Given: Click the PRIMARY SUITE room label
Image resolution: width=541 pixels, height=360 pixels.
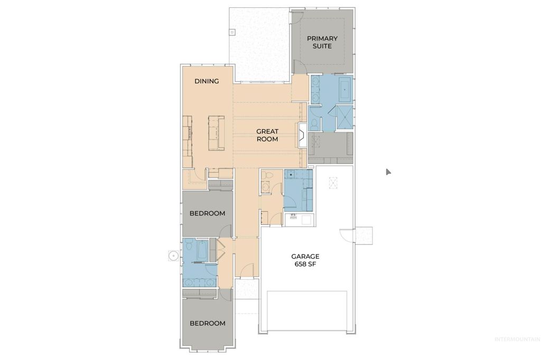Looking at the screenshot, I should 322,42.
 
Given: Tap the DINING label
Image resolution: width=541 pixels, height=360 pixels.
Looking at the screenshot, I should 207,81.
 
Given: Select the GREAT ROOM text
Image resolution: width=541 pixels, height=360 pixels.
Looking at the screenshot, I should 267,135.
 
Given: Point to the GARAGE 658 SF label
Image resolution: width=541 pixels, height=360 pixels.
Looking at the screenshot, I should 305,260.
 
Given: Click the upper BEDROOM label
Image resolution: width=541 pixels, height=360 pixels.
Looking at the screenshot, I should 208,214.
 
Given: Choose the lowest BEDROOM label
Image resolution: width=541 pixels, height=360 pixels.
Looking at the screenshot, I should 208,324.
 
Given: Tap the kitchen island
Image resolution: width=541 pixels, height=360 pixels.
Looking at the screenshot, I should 216,132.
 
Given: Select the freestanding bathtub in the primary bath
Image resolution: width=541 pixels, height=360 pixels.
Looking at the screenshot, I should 346,88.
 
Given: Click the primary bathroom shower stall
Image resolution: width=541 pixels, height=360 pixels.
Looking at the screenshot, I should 344,117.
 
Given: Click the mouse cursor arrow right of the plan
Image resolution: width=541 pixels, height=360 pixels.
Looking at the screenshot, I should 388,172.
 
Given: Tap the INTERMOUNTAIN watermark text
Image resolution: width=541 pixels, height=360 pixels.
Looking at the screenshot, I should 516,339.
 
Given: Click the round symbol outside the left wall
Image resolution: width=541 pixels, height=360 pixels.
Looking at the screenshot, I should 172,255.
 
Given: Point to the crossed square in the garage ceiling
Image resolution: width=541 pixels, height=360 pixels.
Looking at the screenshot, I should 332,183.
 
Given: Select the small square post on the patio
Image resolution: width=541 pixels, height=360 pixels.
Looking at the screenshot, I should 231,32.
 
